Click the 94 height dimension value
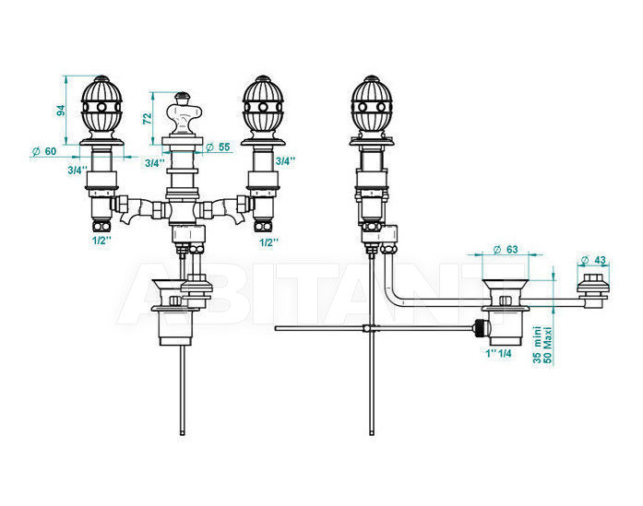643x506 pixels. pyautogui.click(x=61, y=111)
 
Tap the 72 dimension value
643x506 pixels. pyautogui.click(x=148, y=118)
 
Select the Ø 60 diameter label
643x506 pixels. pyautogui.click(x=44, y=151)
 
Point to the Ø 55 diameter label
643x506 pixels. pyautogui.click(x=218, y=147)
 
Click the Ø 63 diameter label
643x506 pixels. pyautogui.click(x=506, y=249)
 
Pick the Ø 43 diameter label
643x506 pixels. pyautogui.click(x=593, y=260)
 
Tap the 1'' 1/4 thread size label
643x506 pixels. pyautogui.click(x=499, y=353)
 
